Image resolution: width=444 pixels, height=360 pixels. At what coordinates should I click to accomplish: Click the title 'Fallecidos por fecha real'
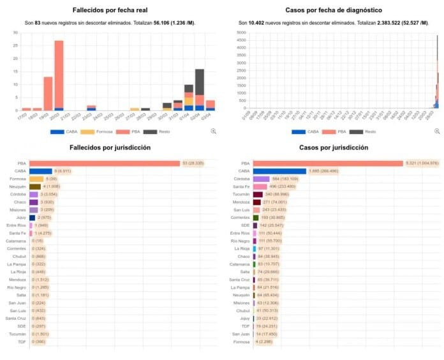[112, 11]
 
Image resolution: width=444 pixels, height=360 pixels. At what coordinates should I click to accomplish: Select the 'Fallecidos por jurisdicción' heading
[112, 147]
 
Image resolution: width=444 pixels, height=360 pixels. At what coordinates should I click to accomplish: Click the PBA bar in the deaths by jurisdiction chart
[105, 163]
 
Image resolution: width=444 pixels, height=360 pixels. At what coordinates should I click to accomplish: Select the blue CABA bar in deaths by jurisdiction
[40, 171]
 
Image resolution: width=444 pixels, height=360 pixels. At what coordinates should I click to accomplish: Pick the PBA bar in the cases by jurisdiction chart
[328, 163]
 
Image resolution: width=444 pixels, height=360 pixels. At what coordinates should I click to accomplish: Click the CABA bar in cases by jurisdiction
[279, 171]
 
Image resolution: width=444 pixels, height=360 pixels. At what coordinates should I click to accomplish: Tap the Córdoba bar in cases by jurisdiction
[262, 179]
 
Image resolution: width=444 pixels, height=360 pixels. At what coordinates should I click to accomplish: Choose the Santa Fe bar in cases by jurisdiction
[260, 186]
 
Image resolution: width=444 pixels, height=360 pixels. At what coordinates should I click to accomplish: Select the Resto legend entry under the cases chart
[366, 131]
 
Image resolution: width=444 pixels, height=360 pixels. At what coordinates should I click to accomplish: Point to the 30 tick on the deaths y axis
[16, 33]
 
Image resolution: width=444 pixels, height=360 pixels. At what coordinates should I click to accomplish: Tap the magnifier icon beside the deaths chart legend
[213, 131]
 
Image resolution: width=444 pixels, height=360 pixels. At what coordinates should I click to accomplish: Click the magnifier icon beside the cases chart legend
[437, 131]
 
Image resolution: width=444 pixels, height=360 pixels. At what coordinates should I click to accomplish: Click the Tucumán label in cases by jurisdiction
[242, 194]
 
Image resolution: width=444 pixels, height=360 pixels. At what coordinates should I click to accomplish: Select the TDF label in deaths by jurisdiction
[22, 341]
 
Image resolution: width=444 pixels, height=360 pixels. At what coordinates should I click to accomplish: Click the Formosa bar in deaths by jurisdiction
[36, 179]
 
